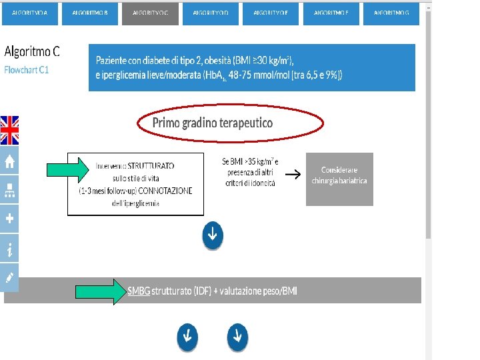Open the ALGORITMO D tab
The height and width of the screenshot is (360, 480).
(x=211, y=13)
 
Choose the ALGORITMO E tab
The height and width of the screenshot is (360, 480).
(x=271, y=13)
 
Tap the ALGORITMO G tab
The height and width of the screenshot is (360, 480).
(x=391, y=13)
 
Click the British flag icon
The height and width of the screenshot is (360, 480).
(x=9, y=130)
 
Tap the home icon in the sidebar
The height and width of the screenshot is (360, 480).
(x=9, y=161)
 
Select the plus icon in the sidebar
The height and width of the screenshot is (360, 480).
(x=9, y=218)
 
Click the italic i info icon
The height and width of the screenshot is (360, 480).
(x=9, y=249)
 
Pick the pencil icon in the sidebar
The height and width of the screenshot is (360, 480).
(x=9, y=277)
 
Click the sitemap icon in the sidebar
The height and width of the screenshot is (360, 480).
(x=9, y=191)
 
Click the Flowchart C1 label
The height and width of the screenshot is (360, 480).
(x=27, y=69)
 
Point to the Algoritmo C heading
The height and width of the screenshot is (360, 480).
(x=32, y=51)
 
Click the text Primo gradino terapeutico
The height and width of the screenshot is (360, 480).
(x=213, y=123)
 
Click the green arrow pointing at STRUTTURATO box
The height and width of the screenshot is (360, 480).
(x=71, y=169)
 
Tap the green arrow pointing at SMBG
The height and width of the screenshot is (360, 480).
(x=101, y=291)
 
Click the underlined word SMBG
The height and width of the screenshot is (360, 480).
(x=139, y=291)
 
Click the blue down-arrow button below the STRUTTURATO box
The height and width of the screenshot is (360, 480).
(x=212, y=235)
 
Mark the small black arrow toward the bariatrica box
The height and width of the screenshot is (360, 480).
(x=292, y=175)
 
